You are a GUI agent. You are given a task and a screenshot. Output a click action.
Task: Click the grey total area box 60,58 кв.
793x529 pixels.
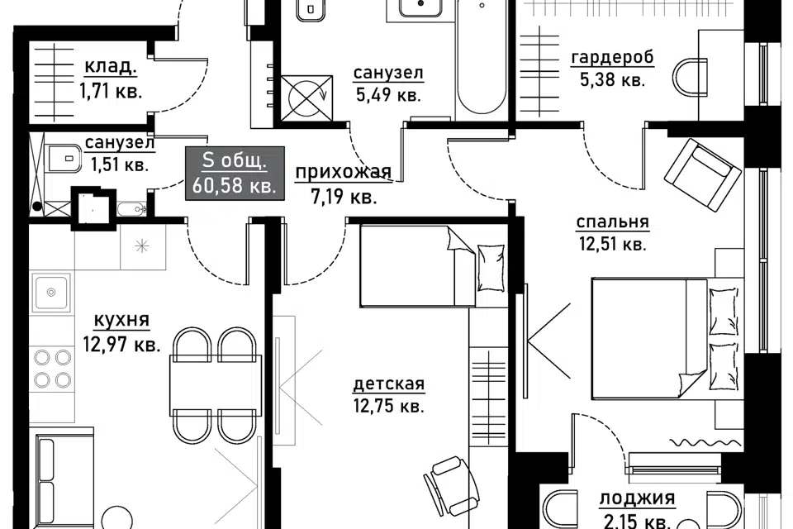[235, 173]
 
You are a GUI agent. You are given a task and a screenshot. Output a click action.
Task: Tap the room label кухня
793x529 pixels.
[122, 320]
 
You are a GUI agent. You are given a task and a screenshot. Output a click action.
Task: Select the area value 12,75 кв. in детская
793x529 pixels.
[389, 406]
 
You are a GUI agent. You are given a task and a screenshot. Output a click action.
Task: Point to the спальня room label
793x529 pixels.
[612, 222]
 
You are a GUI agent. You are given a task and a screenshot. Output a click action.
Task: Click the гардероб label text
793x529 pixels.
[612, 58]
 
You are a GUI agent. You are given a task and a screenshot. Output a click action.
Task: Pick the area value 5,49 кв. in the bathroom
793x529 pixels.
[388, 95]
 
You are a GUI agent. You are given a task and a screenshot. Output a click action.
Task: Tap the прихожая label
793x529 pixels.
[344, 173]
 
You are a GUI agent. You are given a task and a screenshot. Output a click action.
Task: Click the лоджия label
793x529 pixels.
[637, 498]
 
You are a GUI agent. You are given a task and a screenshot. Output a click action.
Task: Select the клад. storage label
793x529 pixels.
[111, 66]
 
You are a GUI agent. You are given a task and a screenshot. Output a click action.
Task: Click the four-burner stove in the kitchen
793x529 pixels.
[52, 369]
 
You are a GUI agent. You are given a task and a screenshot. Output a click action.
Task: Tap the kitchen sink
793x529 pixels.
[50, 293]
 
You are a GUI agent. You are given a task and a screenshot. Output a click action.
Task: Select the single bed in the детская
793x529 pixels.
[433, 266]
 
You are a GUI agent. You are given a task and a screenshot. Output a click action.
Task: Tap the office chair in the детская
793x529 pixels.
[449, 486]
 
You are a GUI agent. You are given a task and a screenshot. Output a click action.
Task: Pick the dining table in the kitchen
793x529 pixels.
[216, 385]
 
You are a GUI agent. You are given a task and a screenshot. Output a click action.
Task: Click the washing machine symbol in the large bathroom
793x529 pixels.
[307, 98]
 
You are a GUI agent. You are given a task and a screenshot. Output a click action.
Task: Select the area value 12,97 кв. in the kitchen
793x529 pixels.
[122, 345]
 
